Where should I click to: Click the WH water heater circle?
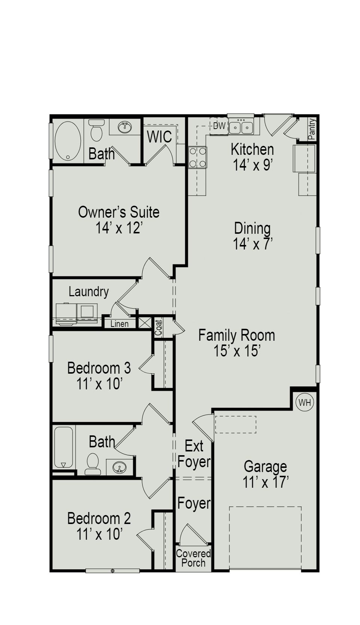(305, 402)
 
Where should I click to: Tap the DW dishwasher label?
(219, 126)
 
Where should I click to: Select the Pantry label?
(312, 129)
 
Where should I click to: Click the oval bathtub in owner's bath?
(68, 141)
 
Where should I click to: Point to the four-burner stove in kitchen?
(198, 157)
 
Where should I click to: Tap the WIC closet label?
(159, 137)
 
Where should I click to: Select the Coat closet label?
(159, 328)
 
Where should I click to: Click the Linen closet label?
(119, 324)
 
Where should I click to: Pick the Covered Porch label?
(193, 558)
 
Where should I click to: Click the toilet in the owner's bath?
(97, 130)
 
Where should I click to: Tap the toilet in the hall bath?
(92, 464)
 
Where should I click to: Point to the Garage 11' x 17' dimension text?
(266, 482)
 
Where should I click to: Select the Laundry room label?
(89, 292)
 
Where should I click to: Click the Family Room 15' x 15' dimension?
(237, 351)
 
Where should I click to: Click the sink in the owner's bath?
(125, 128)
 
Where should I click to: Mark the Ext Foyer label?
(194, 454)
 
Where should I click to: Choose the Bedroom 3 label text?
(99, 368)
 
